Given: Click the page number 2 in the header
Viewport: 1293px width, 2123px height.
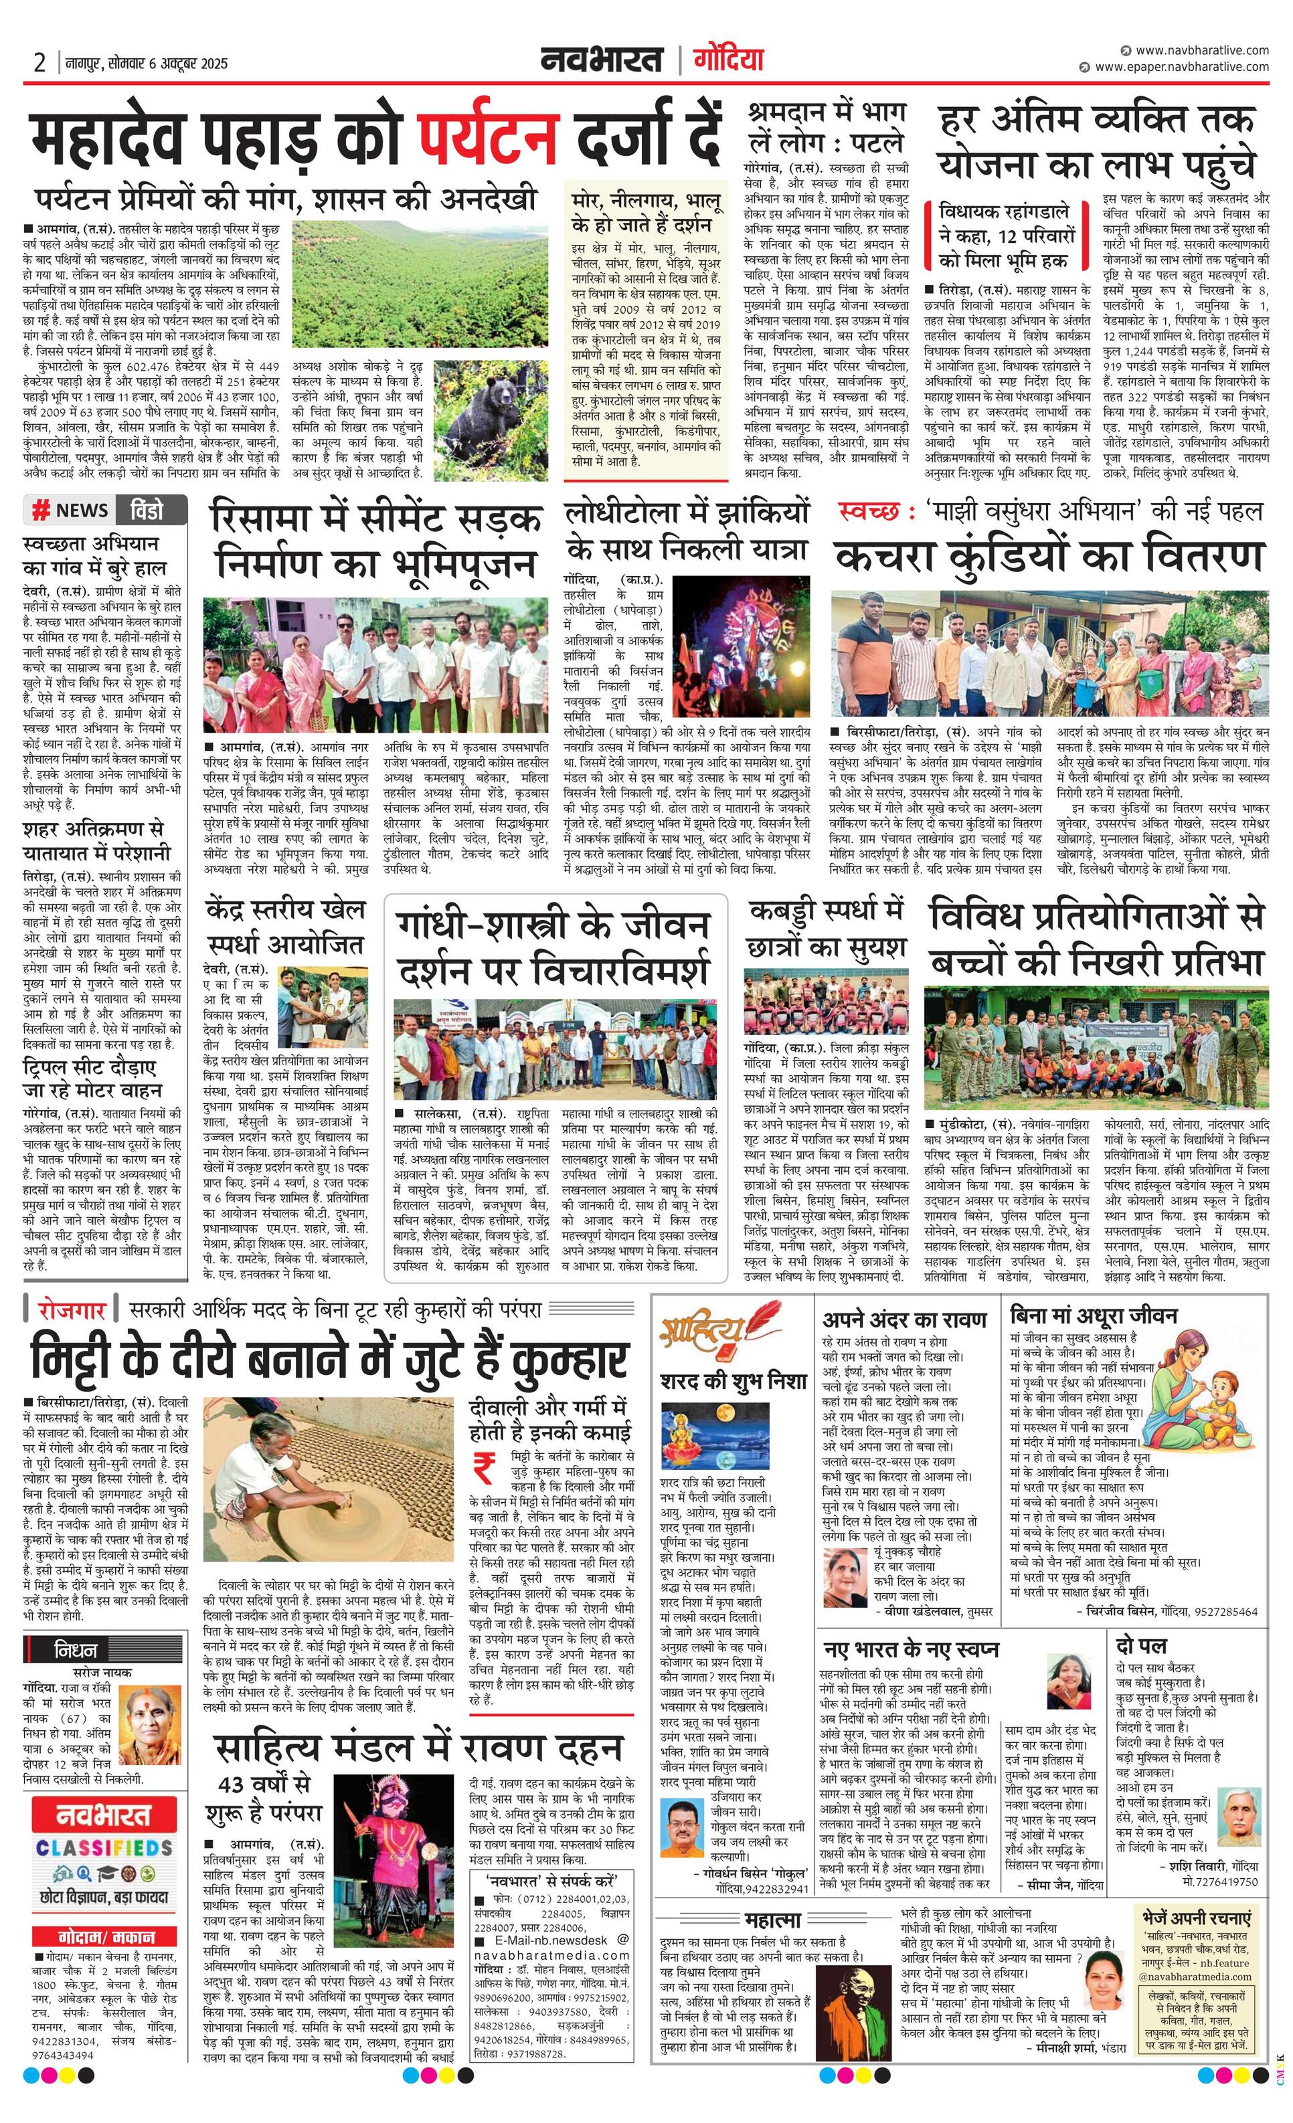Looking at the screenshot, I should (39, 63).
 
